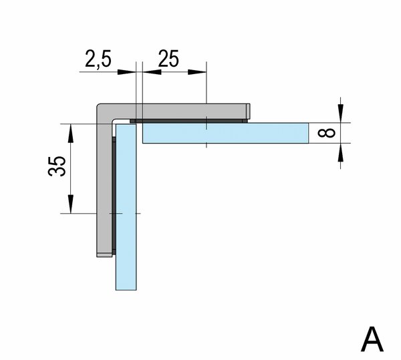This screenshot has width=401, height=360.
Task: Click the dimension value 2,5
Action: [x=98, y=59]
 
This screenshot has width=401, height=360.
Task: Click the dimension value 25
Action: [x=168, y=59]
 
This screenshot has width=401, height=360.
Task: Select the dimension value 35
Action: [x=57, y=166]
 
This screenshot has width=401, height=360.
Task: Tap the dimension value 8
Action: [x=326, y=133]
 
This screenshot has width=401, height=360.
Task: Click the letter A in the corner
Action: [x=372, y=339]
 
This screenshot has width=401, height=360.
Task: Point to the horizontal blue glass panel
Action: [x=225, y=133]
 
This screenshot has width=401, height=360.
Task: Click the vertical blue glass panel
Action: [x=126, y=207]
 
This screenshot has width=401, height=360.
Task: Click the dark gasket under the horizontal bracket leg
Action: [x=188, y=121]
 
